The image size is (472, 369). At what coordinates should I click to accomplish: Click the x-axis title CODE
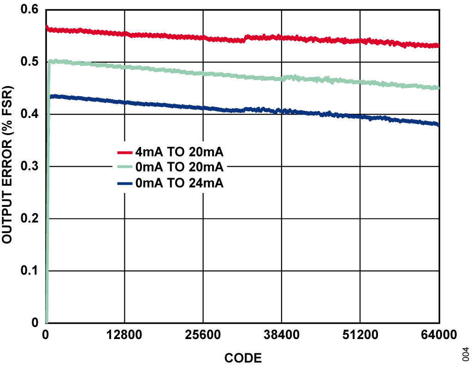[243, 358]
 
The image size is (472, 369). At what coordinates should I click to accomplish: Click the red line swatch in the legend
[125, 152]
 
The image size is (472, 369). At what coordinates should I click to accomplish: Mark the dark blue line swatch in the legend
[125, 183]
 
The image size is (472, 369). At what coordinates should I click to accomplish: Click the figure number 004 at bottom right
[466, 353]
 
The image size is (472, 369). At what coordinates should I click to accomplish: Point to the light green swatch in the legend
[125, 168]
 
